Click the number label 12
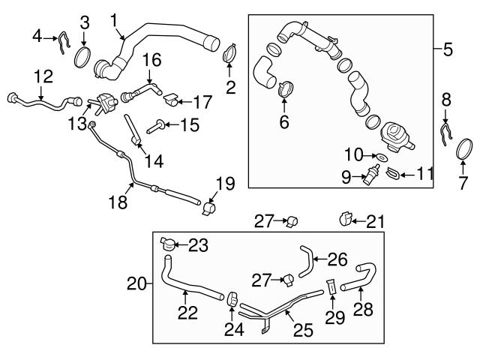pyautogui.click(x=448, y=50)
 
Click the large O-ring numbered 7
pyautogui.click(x=465, y=150)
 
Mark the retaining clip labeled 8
pyautogui.click(x=445, y=132)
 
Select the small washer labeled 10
pyautogui.click(x=380, y=158)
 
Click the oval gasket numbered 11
pyautogui.click(x=391, y=174)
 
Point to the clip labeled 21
pyautogui.click(x=346, y=220)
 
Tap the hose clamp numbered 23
pyautogui.click(x=169, y=243)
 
